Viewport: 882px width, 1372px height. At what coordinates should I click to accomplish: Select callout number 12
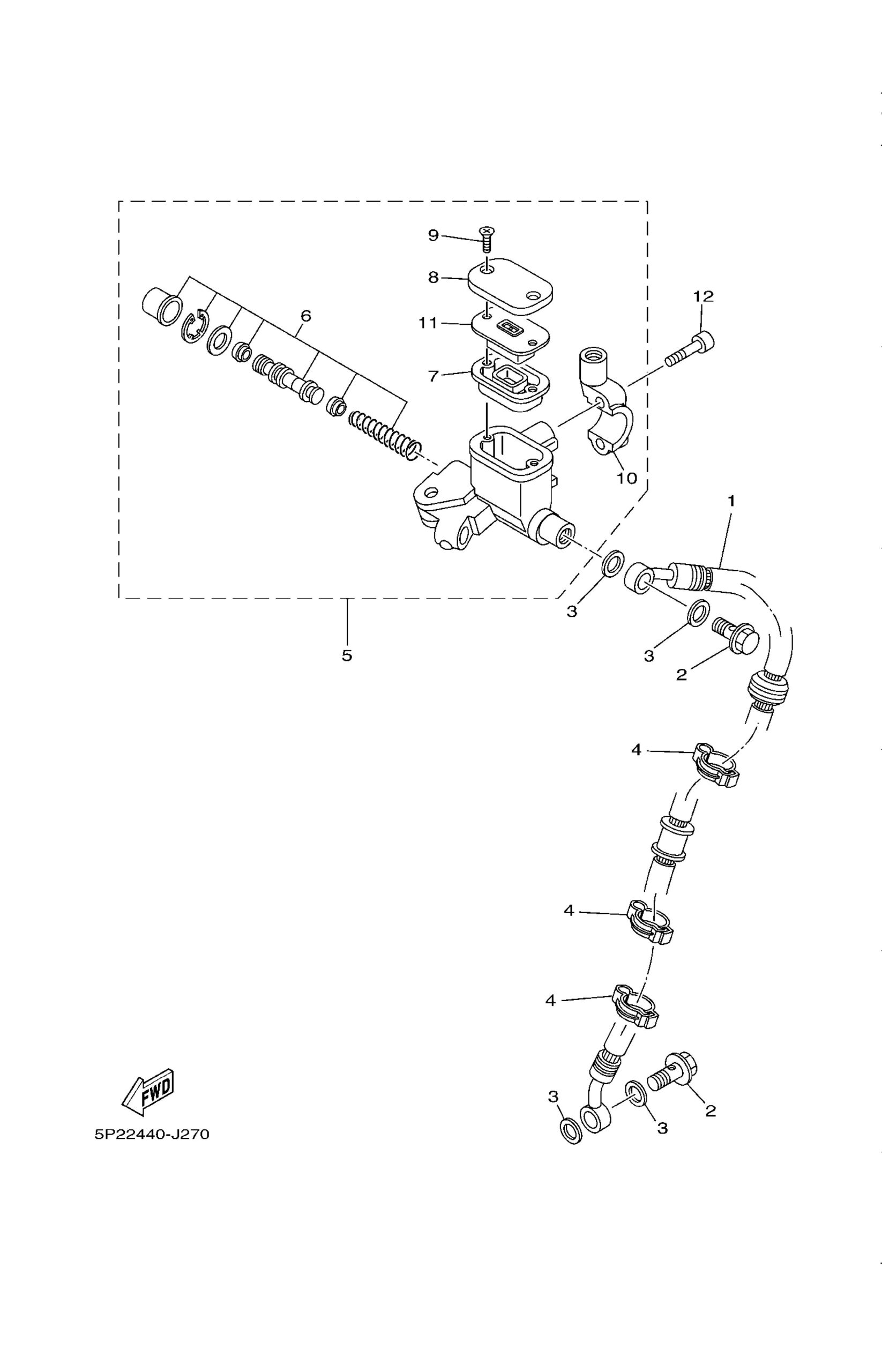pos(704,296)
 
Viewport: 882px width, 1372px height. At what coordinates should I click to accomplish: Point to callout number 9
pos(433,235)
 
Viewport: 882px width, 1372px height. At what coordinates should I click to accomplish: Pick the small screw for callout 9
pos(488,240)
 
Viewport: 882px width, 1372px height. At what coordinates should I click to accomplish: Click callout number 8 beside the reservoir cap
pos(433,277)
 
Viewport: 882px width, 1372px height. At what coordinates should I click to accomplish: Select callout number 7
pos(433,376)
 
